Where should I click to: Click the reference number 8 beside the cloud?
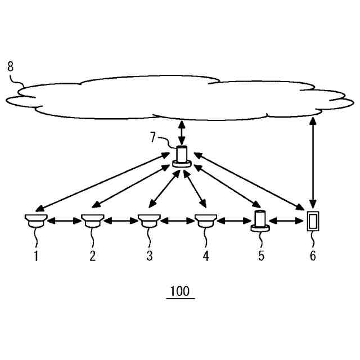[10, 66]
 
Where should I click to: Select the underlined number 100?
[181, 292]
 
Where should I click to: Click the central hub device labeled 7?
[182, 156]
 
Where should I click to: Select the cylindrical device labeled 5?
[260, 220]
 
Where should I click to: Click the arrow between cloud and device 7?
[181, 133]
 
